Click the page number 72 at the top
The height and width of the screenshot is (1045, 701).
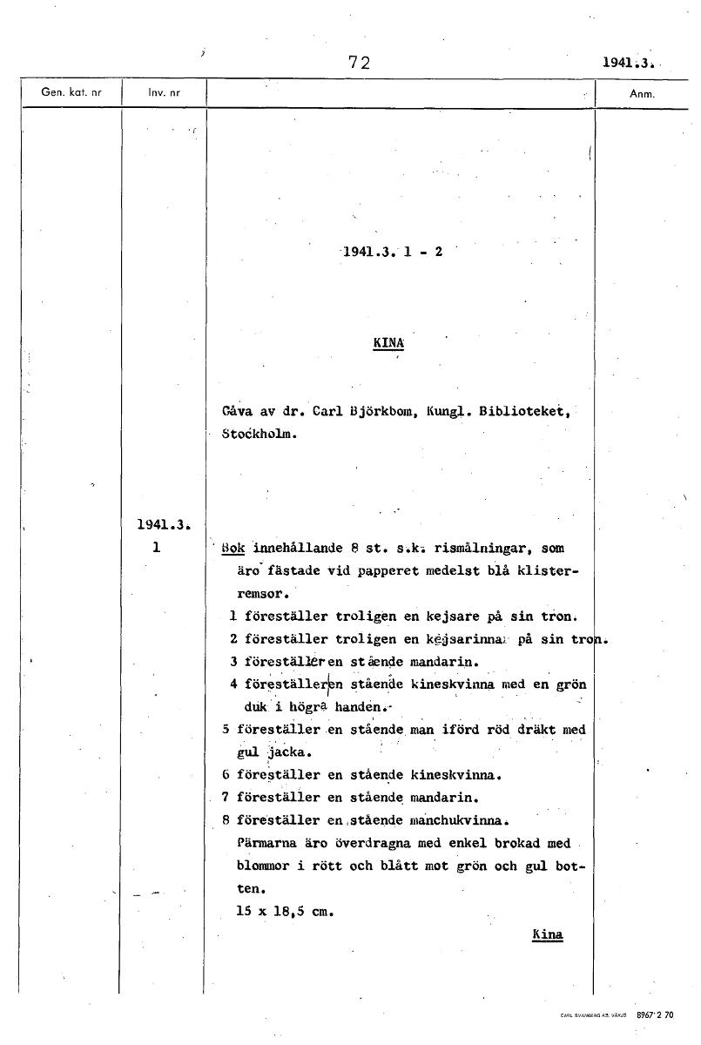pos(359,62)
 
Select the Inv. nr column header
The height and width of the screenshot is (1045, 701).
pos(163,93)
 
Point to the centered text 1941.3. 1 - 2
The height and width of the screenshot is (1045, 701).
pos(393,253)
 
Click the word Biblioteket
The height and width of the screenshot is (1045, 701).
pos(524,412)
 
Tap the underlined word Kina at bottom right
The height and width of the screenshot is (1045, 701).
pos(547,934)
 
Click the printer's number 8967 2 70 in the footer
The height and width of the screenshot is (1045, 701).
pos(655,1015)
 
